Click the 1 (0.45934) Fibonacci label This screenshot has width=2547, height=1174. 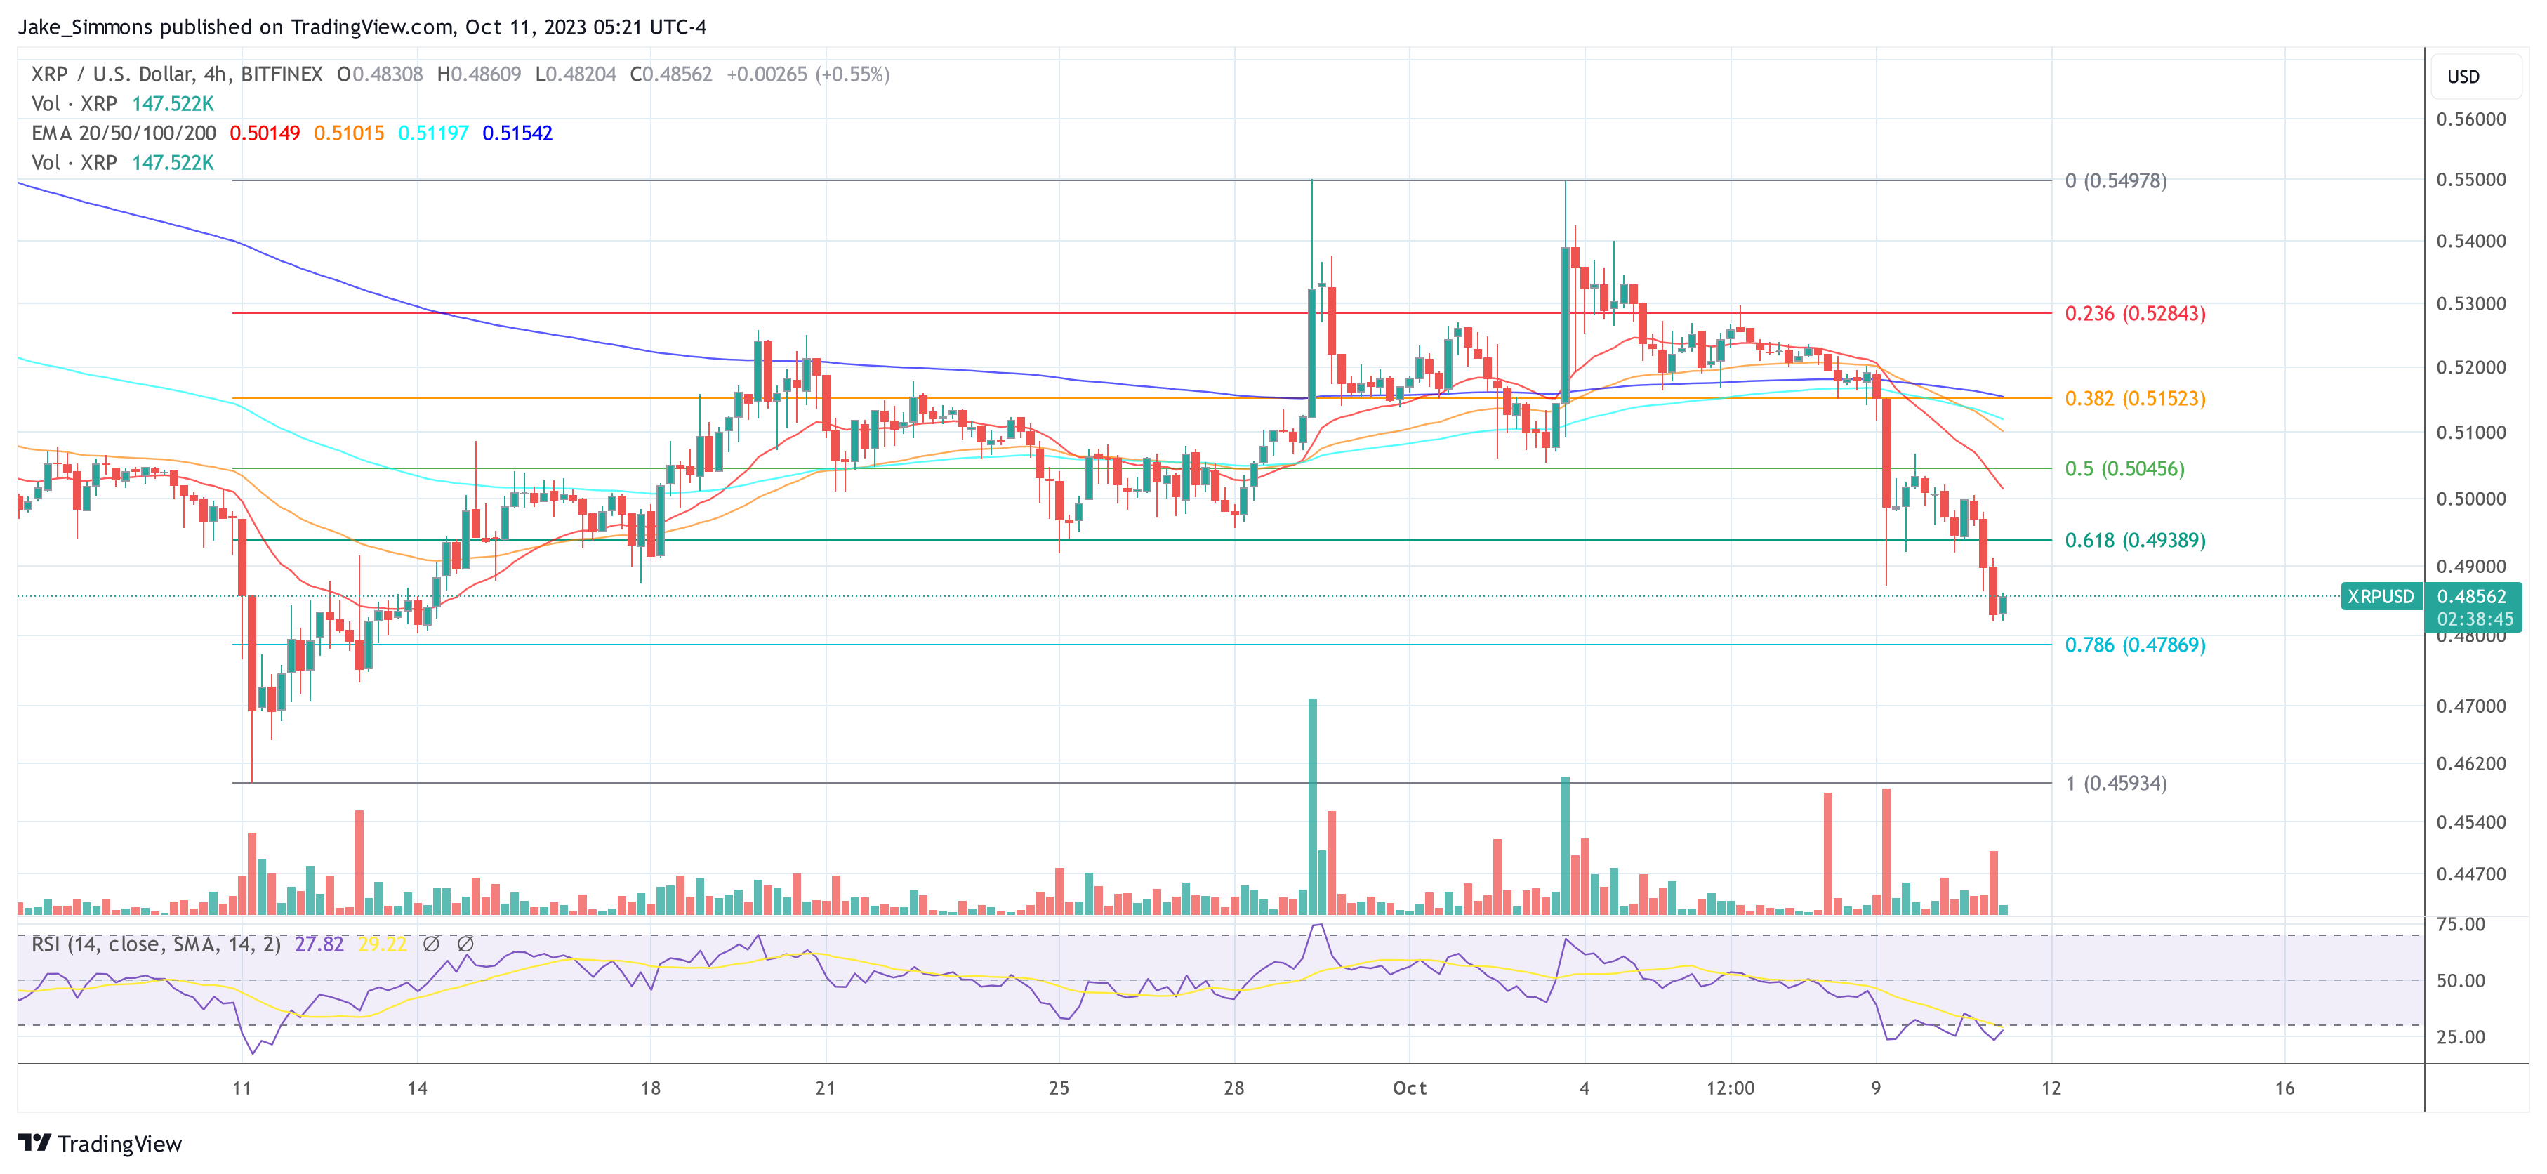[x=2115, y=784]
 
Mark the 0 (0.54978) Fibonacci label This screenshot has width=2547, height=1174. [x=2115, y=181]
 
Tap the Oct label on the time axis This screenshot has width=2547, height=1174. [x=1409, y=1088]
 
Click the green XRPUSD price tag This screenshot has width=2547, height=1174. [x=2380, y=596]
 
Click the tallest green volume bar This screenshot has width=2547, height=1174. [x=1312, y=806]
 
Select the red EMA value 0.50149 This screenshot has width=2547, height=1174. [x=264, y=133]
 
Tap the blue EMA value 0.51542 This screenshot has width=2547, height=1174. [x=517, y=133]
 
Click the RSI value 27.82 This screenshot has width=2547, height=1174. [x=319, y=944]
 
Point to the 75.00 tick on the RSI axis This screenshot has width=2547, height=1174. [x=2460, y=924]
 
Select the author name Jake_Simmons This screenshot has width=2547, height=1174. [x=85, y=27]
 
